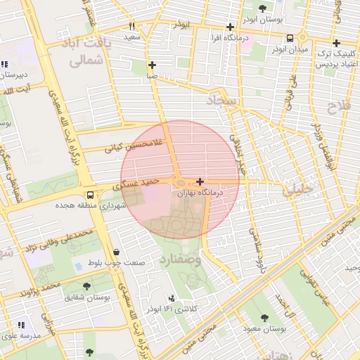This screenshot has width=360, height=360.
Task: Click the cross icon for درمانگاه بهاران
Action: pos(200,181)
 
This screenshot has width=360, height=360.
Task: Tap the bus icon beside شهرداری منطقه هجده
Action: pos(90,195)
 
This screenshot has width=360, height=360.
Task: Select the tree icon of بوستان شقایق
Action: pos(86,286)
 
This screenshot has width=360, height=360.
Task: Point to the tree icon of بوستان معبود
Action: pos(264,318)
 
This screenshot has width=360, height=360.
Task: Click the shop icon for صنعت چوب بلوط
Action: pos(115,252)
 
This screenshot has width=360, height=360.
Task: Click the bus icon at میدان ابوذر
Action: pos(290,39)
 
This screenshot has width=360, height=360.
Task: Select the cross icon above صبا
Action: pos(152,65)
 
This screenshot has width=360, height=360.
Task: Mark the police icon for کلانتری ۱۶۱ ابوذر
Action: pos(173,298)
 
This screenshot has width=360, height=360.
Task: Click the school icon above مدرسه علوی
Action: pos(20,325)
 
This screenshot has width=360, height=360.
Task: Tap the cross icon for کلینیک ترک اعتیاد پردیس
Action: pos(336,43)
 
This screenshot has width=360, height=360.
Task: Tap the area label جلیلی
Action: pos(295,190)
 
